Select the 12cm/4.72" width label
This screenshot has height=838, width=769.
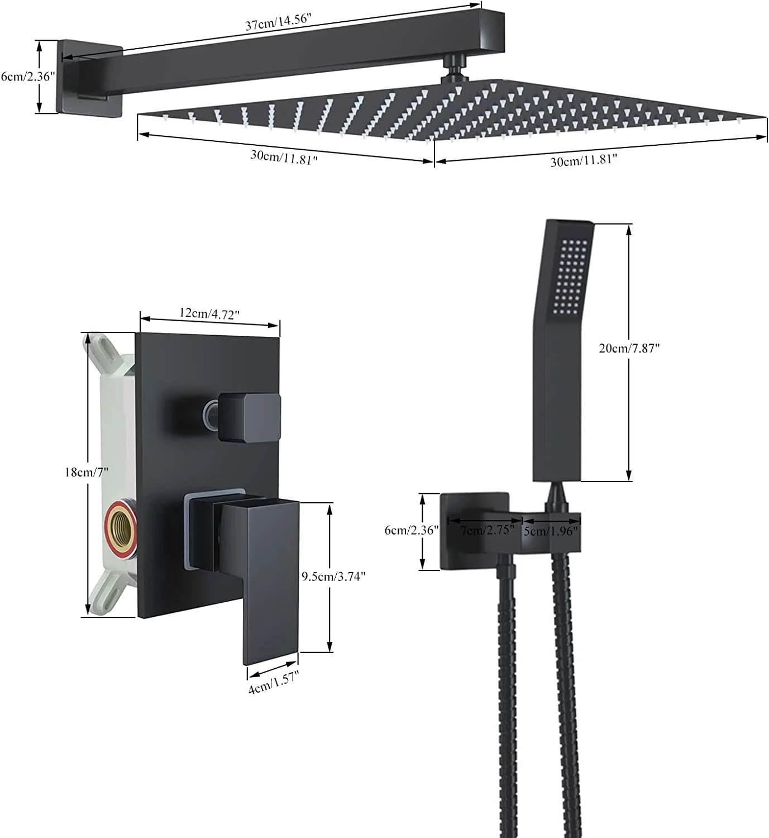(x=209, y=313)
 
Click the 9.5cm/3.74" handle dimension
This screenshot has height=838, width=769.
(x=333, y=576)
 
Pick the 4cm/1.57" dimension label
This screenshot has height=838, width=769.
(x=274, y=682)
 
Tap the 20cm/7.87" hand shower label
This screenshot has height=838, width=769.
(x=629, y=348)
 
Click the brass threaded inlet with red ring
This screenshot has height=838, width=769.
(x=121, y=528)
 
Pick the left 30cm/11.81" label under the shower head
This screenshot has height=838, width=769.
(x=284, y=157)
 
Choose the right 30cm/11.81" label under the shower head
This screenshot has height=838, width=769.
(x=584, y=161)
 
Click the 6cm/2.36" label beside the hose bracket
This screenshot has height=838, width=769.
(x=410, y=530)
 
